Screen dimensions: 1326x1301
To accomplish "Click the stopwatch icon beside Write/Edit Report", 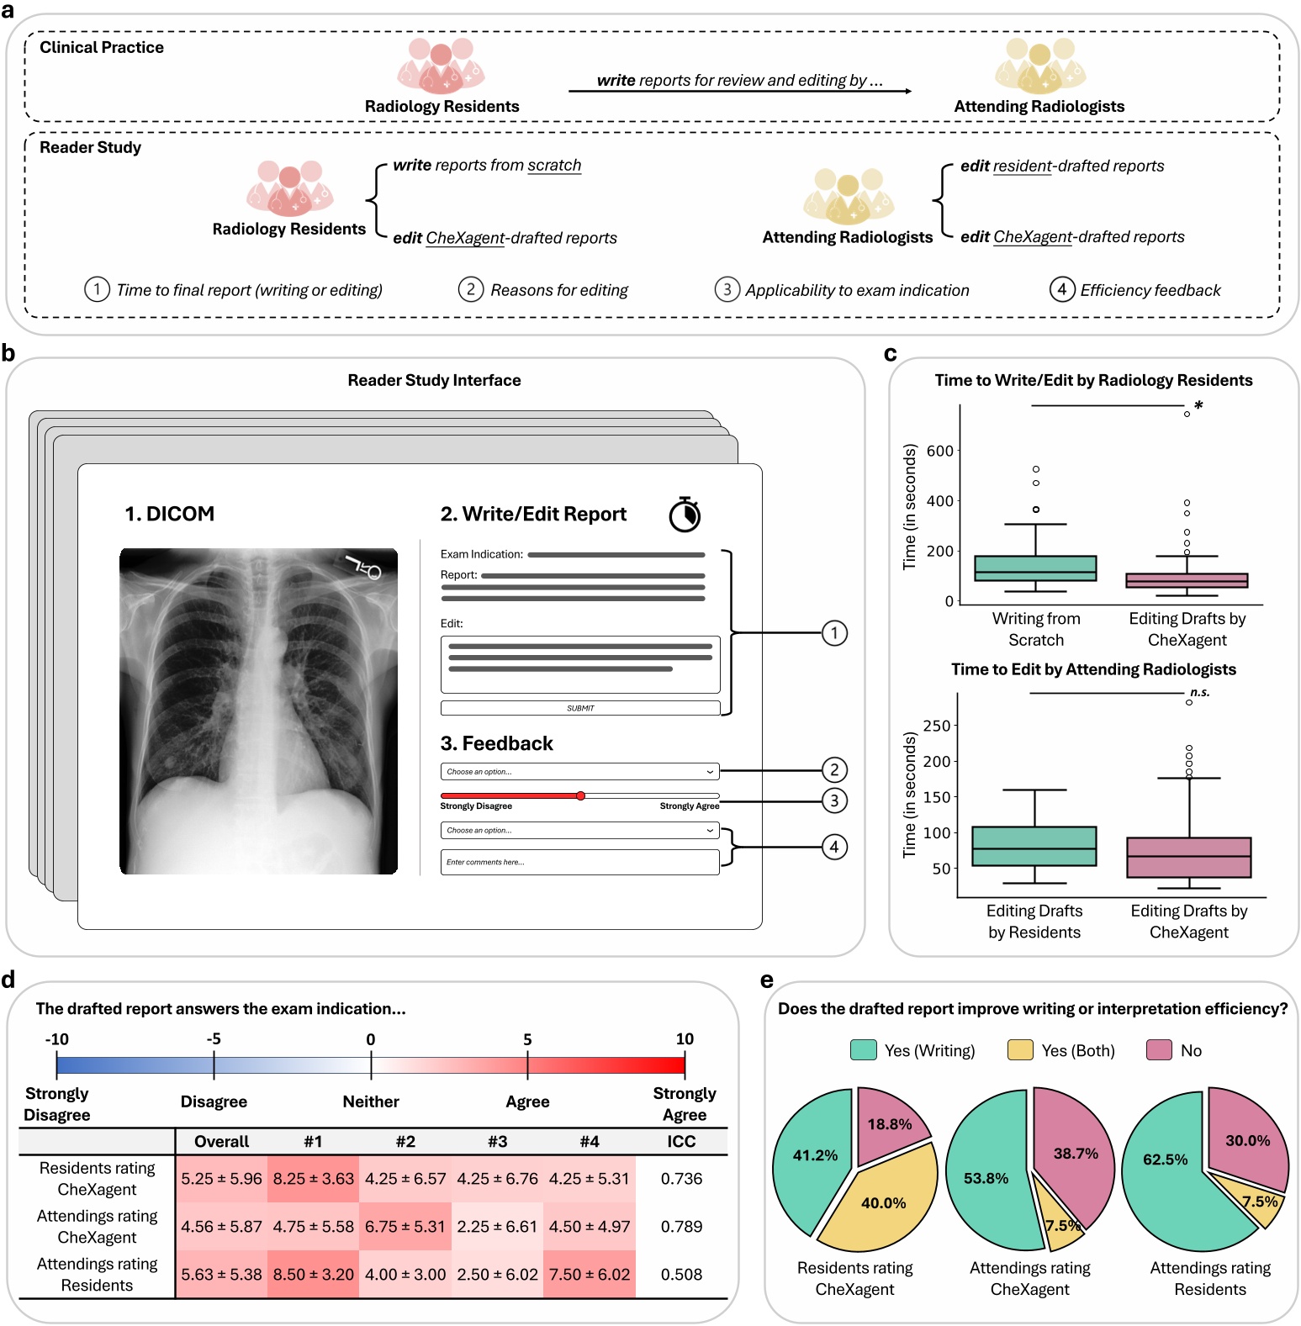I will (x=685, y=514).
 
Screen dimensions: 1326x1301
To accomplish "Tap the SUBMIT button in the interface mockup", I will (x=580, y=708).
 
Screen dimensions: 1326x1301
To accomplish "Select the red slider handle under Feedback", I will (x=580, y=795).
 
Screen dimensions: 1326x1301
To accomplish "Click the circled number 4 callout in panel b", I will (x=833, y=847).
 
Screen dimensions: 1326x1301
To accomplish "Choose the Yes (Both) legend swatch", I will (x=1020, y=1050).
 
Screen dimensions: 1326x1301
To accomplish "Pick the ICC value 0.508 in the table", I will (x=681, y=1275).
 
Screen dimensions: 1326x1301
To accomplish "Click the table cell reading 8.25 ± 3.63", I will (x=313, y=1179).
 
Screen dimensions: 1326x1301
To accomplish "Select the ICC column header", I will (x=681, y=1142).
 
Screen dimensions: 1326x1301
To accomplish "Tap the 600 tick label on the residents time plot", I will (x=939, y=451).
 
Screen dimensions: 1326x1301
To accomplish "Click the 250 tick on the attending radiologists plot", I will (x=937, y=726).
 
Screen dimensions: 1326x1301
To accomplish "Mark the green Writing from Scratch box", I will (x=1035, y=568).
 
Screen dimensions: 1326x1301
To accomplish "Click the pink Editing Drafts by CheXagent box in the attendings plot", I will (x=1189, y=858).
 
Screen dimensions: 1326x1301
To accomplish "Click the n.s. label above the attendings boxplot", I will (x=1199, y=693).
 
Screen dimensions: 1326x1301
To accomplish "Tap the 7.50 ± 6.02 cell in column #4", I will (x=590, y=1275).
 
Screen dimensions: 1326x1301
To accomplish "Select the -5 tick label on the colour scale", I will (x=214, y=1039).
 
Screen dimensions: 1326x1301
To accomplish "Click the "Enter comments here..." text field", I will (x=579, y=862).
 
